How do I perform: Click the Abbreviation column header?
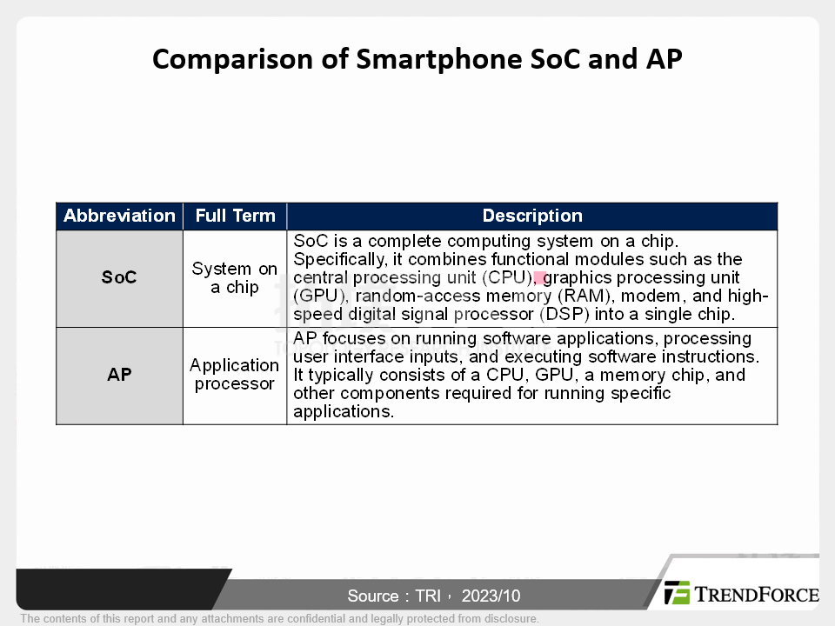tap(119, 216)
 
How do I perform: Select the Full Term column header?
tap(235, 216)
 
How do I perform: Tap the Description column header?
tap(532, 216)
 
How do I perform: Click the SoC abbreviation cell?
tap(119, 277)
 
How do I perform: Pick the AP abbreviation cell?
tap(119, 375)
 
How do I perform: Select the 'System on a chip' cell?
tap(235, 278)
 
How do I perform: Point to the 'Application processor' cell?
tap(235, 375)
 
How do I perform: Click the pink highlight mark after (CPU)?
tap(540, 278)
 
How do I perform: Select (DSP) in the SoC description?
tap(564, 314)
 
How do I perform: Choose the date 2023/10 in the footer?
tap(491, 596)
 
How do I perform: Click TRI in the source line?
tap(428, 596)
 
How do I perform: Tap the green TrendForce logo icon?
tap(677, 593)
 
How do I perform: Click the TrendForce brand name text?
tap(757, 594)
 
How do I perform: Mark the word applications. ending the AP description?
tap(344, 411)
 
